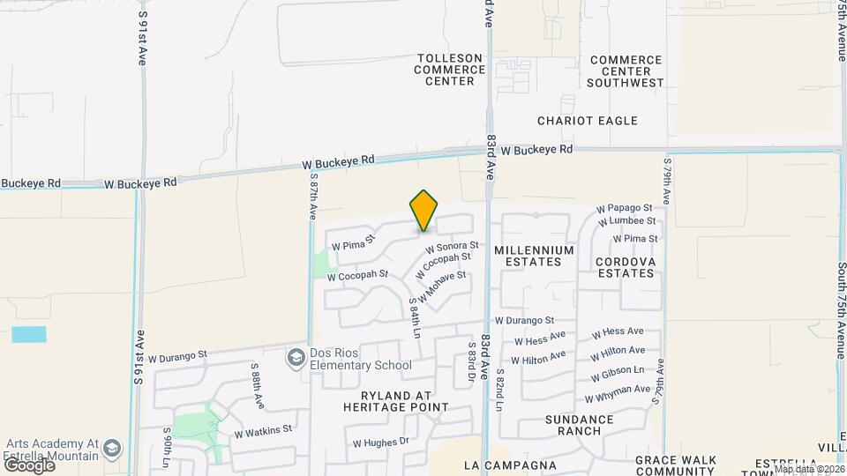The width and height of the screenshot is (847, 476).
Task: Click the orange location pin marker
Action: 424,211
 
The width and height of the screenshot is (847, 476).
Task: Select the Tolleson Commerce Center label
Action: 450,70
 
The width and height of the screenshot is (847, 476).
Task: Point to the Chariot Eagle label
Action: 587,121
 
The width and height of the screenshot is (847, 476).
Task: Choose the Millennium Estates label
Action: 534,256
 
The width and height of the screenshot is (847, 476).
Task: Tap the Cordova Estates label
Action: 625,267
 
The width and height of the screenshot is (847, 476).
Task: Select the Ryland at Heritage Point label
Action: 403,401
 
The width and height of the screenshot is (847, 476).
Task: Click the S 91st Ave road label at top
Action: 141,39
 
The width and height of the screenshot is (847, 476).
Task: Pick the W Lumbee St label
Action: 626,221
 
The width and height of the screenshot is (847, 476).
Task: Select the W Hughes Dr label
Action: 381,442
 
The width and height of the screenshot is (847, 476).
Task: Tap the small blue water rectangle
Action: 29,334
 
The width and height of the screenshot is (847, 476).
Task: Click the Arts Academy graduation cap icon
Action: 112,450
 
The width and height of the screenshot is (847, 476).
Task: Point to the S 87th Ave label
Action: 312,197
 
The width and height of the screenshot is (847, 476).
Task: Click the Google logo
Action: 28,465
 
